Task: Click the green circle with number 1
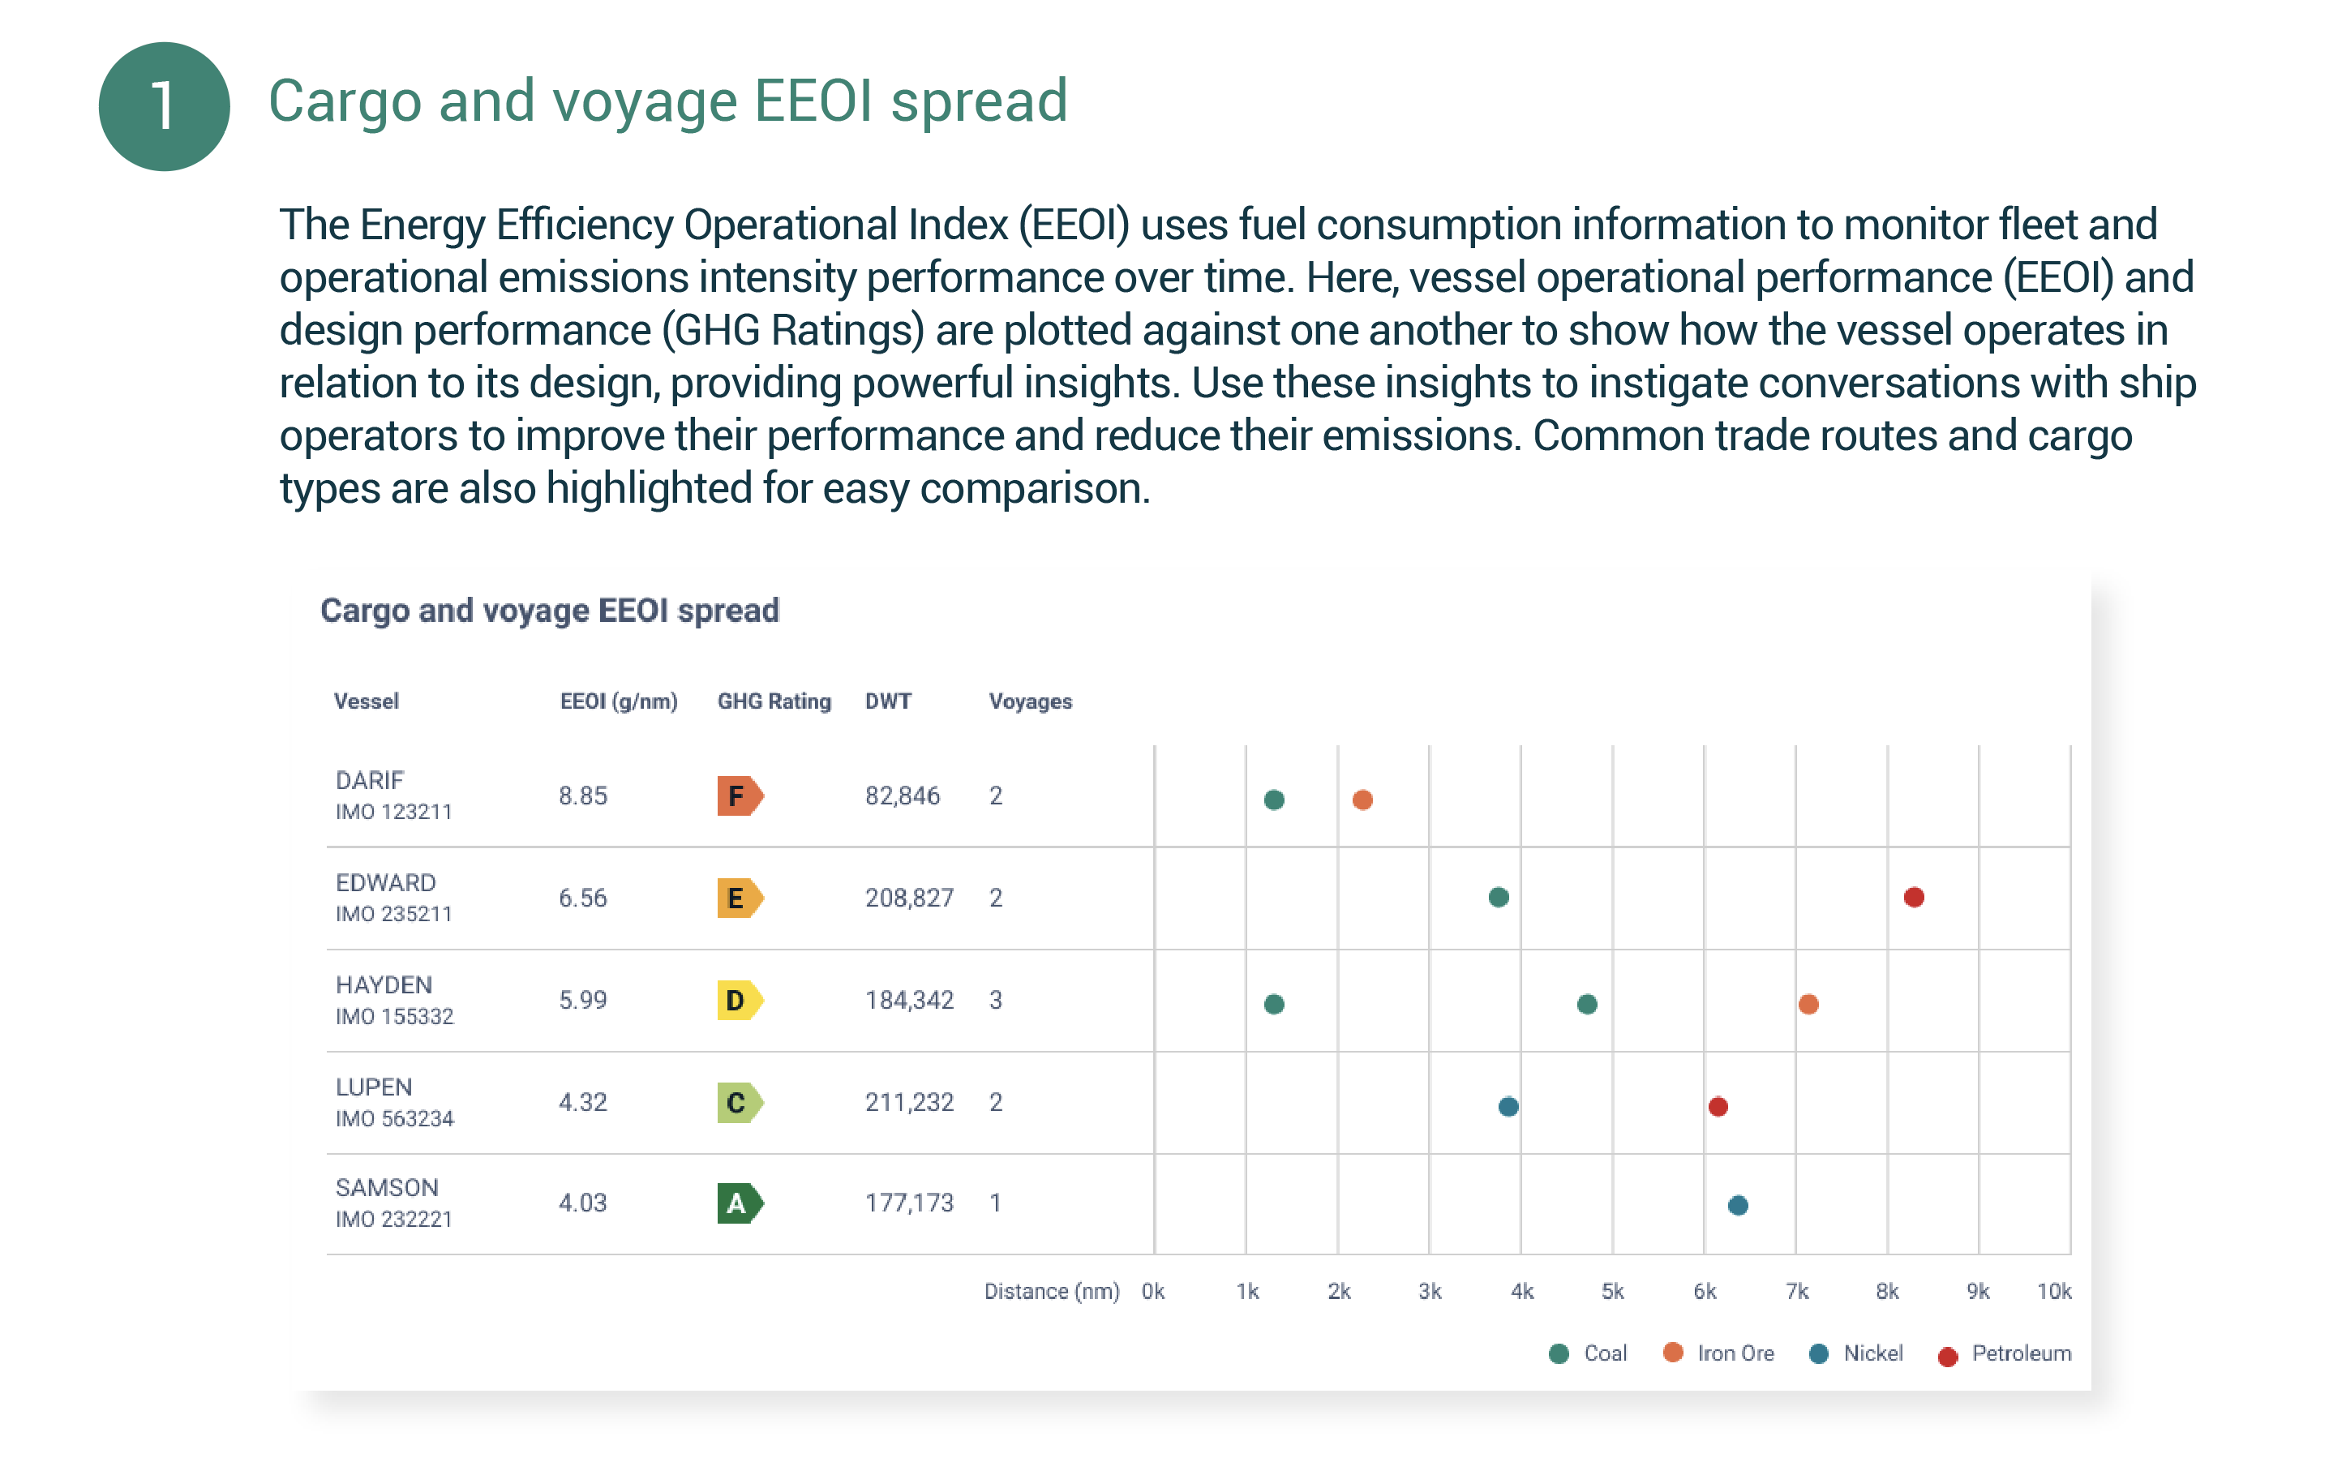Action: point(164,106)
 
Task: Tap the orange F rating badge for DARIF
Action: point(739,795)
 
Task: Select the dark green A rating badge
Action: point(739,1203)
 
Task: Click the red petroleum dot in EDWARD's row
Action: point(1913,897)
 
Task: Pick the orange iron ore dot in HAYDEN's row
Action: point(1808,1004)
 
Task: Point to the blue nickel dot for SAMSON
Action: point(1737,1204)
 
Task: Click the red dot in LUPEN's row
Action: point(1717,1106)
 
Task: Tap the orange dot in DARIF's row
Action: point(1362,800)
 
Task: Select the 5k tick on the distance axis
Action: point(1611,1291)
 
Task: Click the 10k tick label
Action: point(2053,1291)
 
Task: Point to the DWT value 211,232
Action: point(908,1101)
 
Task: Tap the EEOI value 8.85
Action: point(582,795)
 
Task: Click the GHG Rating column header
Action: point(774,701)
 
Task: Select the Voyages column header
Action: point(1029,701)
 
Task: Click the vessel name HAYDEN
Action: point(383,984)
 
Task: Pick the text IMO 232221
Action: point(393,1219)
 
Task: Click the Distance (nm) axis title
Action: point(1051,1291)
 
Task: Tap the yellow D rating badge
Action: point(739,1000)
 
